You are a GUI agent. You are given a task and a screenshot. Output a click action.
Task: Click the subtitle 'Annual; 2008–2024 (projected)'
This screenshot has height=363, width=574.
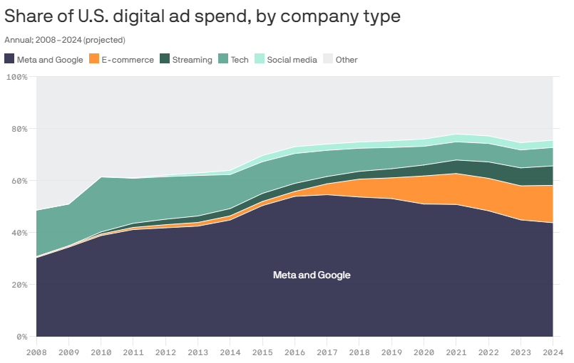(x=65, y=41)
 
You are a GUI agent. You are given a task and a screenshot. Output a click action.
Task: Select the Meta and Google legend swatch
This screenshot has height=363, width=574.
(x=9, y=60)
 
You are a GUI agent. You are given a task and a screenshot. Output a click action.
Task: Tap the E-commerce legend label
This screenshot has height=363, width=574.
(x=128, y=60)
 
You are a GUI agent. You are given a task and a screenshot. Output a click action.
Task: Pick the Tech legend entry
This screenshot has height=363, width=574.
(x=240, y=60)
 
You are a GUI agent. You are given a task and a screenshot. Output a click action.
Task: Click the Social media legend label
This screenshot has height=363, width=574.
(x=292, y=60)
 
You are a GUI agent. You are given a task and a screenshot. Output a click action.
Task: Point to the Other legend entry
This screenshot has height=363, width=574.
(x=347, y=60)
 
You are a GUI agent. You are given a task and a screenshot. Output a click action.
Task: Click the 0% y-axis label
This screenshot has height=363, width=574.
(x=21, y=337)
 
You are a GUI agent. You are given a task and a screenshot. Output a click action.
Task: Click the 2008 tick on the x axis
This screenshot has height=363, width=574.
(x=36, y=352)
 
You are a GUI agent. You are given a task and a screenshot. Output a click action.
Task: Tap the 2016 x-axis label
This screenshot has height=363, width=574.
(x=294, y=352)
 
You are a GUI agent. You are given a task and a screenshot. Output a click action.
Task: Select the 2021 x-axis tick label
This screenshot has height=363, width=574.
(x=456, y=352)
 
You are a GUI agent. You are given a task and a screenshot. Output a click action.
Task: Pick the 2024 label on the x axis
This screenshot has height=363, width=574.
(x=553, y=352)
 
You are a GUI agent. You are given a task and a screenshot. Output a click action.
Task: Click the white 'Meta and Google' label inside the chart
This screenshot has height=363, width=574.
(x=312, y=275)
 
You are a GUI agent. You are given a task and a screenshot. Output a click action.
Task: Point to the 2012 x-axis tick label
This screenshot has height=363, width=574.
(x=165, y=352)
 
